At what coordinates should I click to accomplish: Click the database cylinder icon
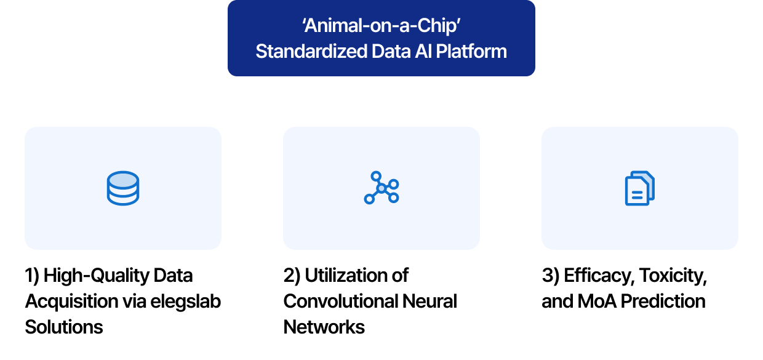pos(122,188)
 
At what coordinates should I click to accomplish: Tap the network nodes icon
pos(381,188)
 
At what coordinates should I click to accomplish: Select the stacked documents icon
pos(639,188)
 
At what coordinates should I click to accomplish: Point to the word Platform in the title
pos(471,51)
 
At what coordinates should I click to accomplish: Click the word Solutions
pos(64,327)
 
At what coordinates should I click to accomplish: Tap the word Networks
pos(324,327)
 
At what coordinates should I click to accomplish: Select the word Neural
pos(429,301)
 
